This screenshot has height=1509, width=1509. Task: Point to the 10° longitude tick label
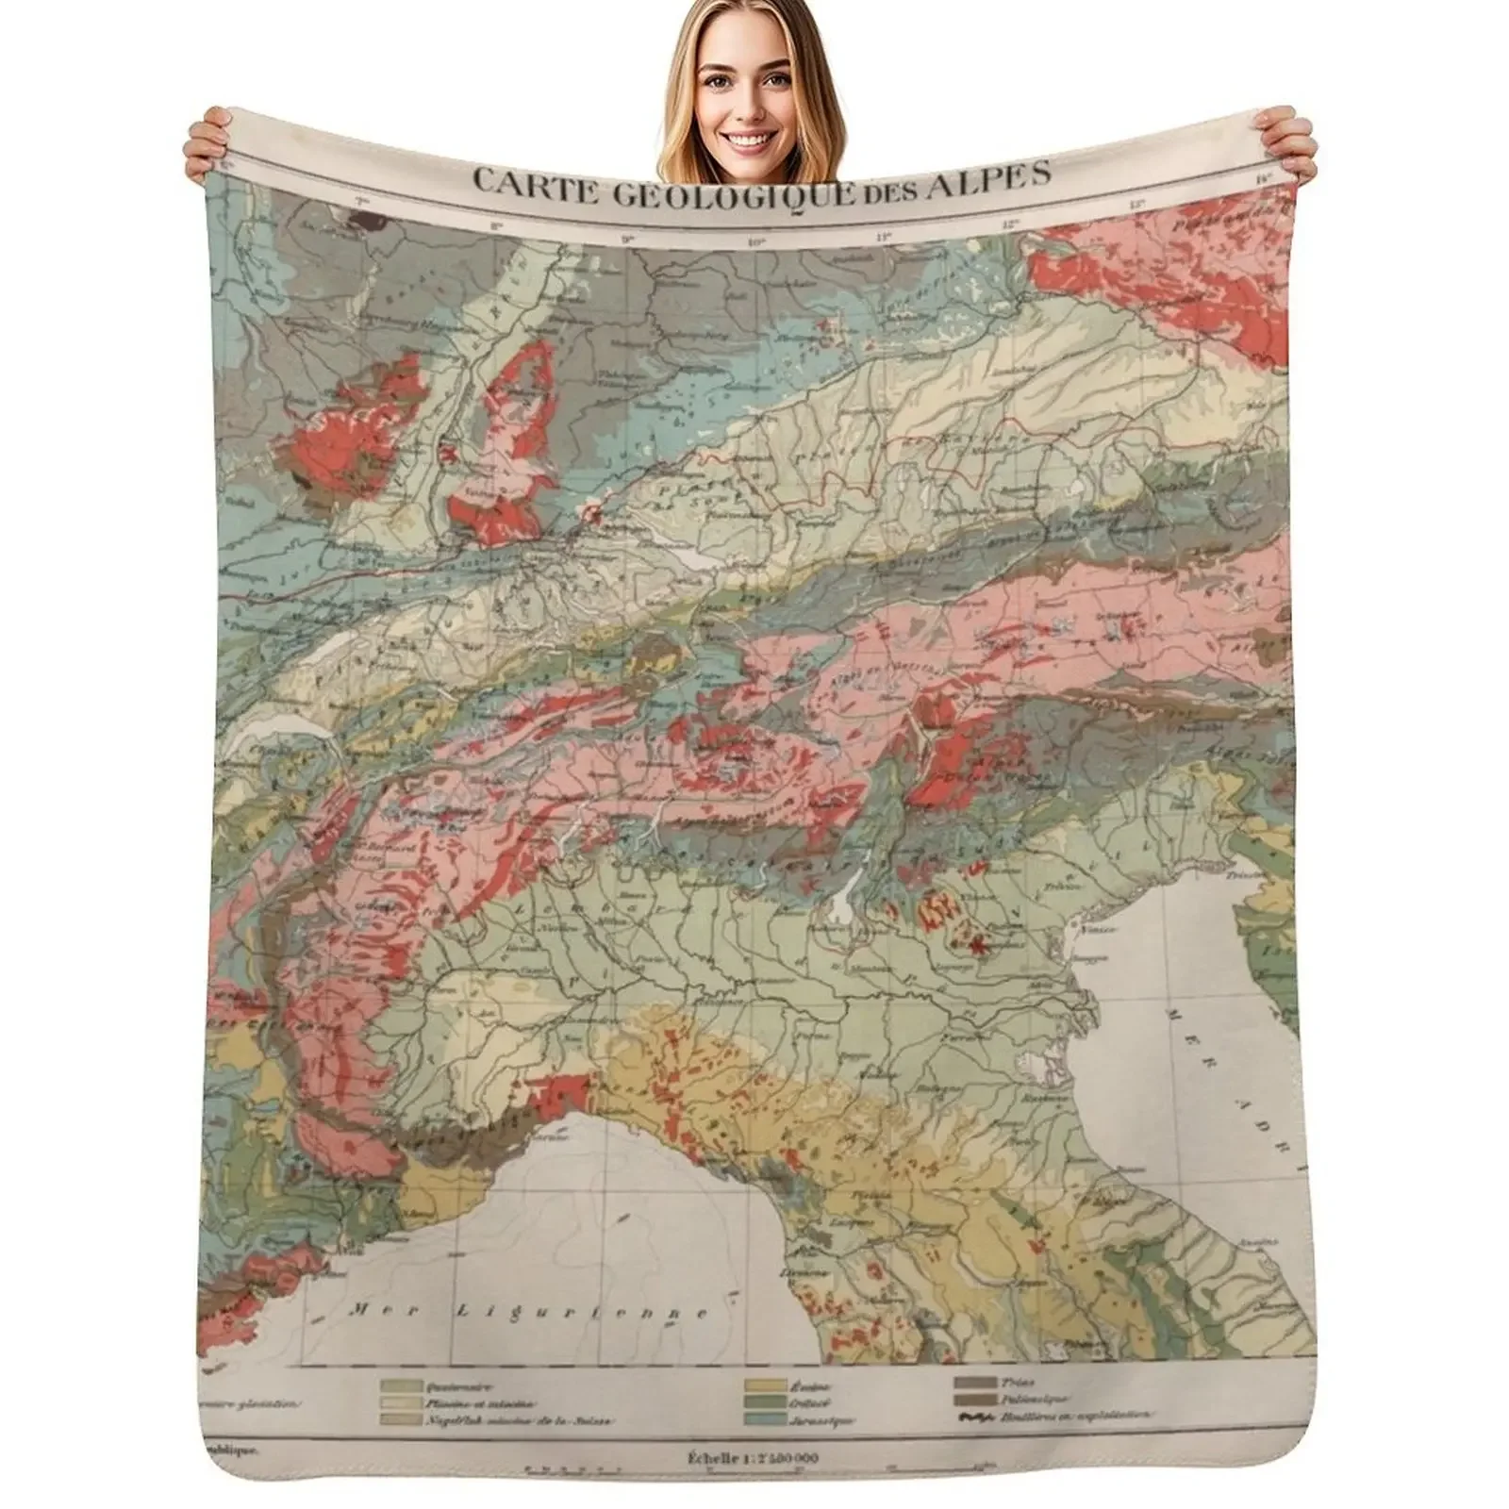pyautogui.click(x=754, y=242)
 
